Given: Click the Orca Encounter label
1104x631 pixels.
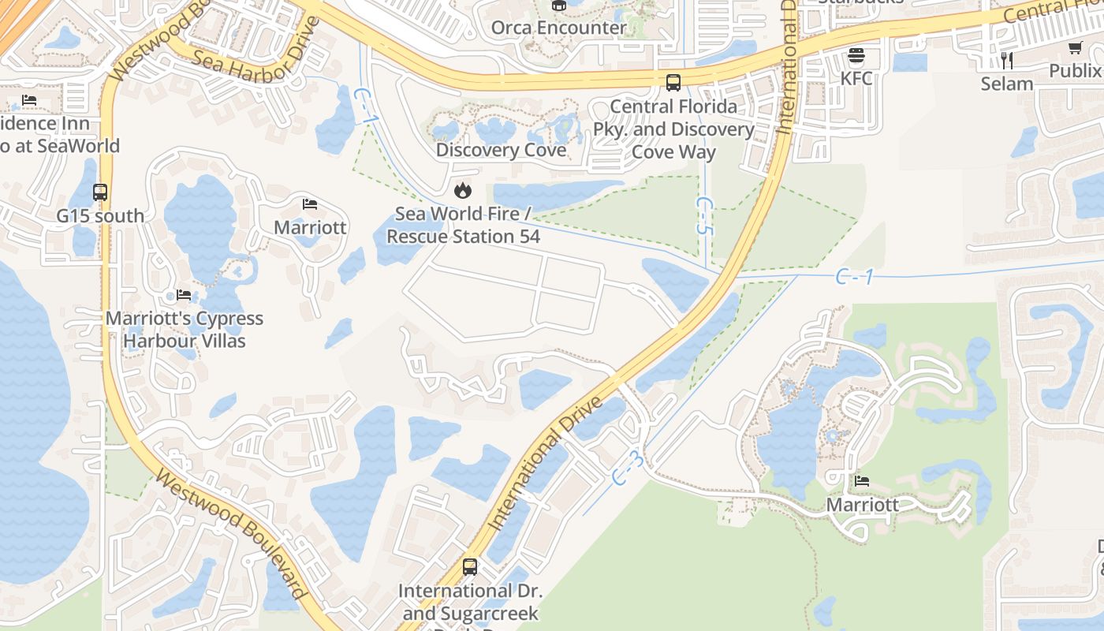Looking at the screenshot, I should (558, 28).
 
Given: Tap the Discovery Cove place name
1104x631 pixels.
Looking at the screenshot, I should (501, 150).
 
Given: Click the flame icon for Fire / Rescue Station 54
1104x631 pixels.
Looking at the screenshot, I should (463, 190).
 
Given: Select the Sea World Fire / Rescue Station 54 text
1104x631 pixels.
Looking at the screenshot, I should (463, 225).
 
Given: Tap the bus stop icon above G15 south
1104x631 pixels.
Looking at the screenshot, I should (100, 192).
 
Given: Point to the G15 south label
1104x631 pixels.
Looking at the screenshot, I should (100, 215).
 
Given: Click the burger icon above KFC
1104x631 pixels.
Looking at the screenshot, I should (856, 55).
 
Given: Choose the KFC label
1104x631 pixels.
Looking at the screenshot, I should (856, 78).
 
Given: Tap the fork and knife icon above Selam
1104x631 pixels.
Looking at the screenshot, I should (1007, 60).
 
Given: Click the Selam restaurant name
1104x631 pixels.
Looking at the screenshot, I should (1007, 84).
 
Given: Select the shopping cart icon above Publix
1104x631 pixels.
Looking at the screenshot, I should (1076, 48).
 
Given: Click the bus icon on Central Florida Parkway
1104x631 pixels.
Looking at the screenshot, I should (673, 82).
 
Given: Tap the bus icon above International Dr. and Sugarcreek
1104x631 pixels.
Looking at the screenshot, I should (470, 566).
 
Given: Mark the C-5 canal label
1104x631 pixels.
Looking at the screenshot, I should (704, 216).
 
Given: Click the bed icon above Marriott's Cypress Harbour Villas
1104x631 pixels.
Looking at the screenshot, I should (184, 295).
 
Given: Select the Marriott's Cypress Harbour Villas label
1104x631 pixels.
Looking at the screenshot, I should (185, 330).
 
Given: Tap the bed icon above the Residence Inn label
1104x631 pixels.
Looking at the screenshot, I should (29, 100).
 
